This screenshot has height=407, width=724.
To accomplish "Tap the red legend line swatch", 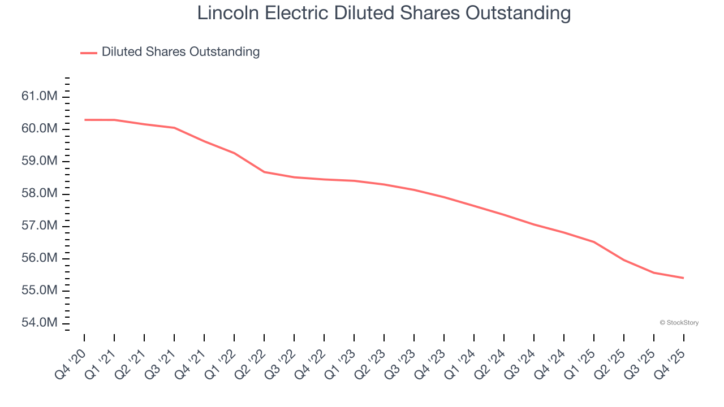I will pyautogui.click(x=89, y=53).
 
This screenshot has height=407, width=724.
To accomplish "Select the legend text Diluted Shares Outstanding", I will pyautogui.click(x=180, y=52).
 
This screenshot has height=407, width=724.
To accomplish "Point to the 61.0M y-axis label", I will pyautogui.click(x=40, y=97).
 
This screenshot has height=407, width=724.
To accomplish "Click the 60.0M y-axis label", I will pyautogui.click(x=40, y=129).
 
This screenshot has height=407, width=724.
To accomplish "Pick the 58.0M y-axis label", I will pyautogui.click(x=40, y=194).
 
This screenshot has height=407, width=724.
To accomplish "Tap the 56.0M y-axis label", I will pyautogui.click(x=40, y=258).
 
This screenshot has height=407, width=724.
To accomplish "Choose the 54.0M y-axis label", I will pyautogui.click(x=40, y=323).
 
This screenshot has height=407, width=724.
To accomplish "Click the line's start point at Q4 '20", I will pyautogui.click(x=85, y=120).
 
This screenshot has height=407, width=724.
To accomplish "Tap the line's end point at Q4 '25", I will pyautogui.click(x=683, y=278).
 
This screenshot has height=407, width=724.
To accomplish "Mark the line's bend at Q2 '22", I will pyautogui.click(x=264, y=172).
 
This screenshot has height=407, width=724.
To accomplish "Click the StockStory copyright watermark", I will pyautogui.click(x=679, y=323).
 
